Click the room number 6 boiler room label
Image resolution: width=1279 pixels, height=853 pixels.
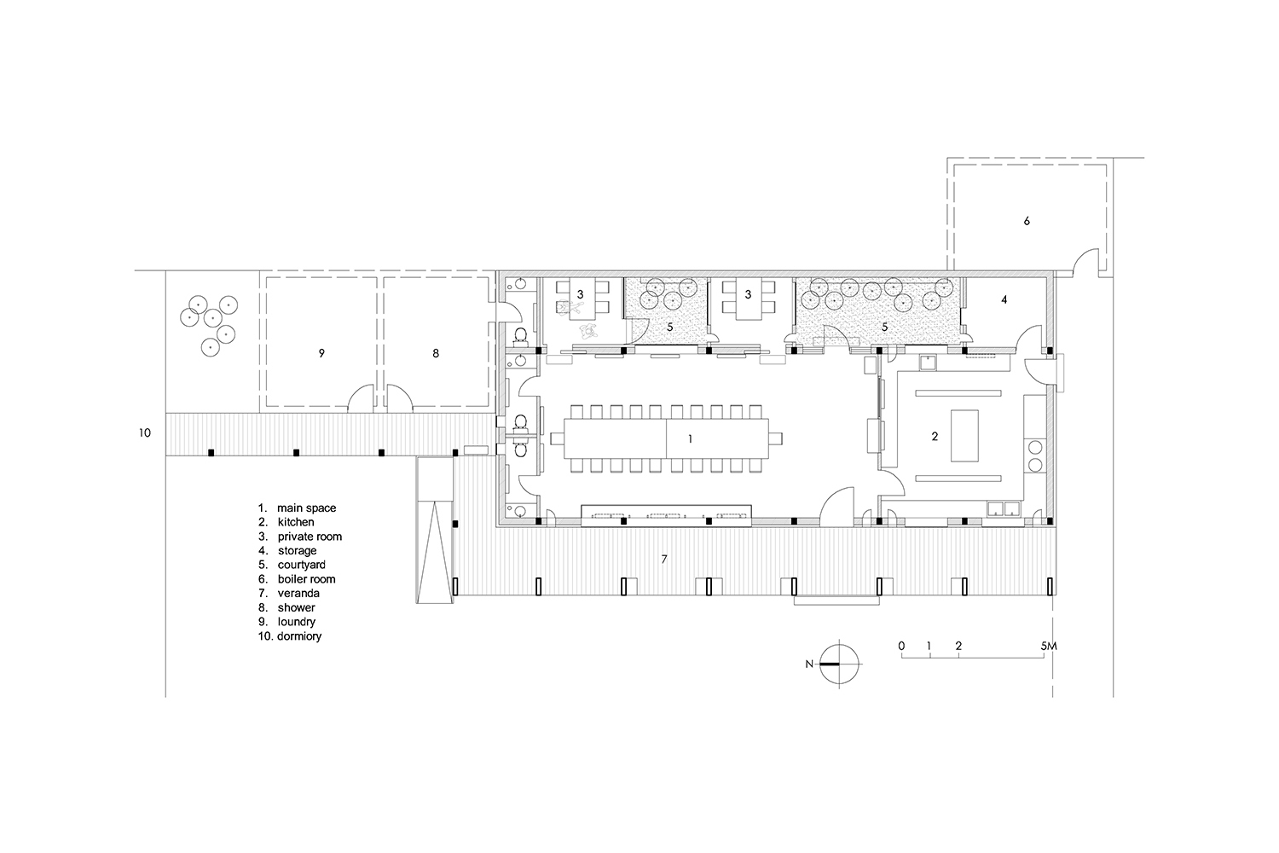pos(1027,221)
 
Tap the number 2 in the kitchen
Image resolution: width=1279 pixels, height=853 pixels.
pos(935,437)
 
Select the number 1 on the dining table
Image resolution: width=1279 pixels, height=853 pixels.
pos(691,438)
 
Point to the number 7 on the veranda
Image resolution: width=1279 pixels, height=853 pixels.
pos(664,560)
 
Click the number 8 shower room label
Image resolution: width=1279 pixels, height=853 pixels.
pos(436,354)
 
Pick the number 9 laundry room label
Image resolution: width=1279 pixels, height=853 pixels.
pos(321,354)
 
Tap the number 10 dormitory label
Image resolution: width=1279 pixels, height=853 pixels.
pos(144,433)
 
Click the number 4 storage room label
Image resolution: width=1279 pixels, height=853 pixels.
pos(1004,299)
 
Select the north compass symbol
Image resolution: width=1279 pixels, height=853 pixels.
pos(839,664)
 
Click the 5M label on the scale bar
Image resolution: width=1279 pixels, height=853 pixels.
pos(1048,647)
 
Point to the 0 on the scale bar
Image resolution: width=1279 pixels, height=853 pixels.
pos(901,647)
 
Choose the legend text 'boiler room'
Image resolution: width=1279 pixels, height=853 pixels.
pos(307,579)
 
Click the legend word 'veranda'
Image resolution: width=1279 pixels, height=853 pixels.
pos(298,594)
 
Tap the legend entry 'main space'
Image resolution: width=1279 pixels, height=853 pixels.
pos(307,508)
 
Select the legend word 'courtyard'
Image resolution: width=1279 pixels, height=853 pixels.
pos(302,565)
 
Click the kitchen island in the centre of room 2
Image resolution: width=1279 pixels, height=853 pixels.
pos(964,435)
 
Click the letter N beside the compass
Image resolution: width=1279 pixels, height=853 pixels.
pos(809,664)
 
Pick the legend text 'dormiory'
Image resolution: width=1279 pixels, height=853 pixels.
pos(299,636)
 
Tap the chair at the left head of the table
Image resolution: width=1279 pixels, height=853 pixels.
pos(558,438)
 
